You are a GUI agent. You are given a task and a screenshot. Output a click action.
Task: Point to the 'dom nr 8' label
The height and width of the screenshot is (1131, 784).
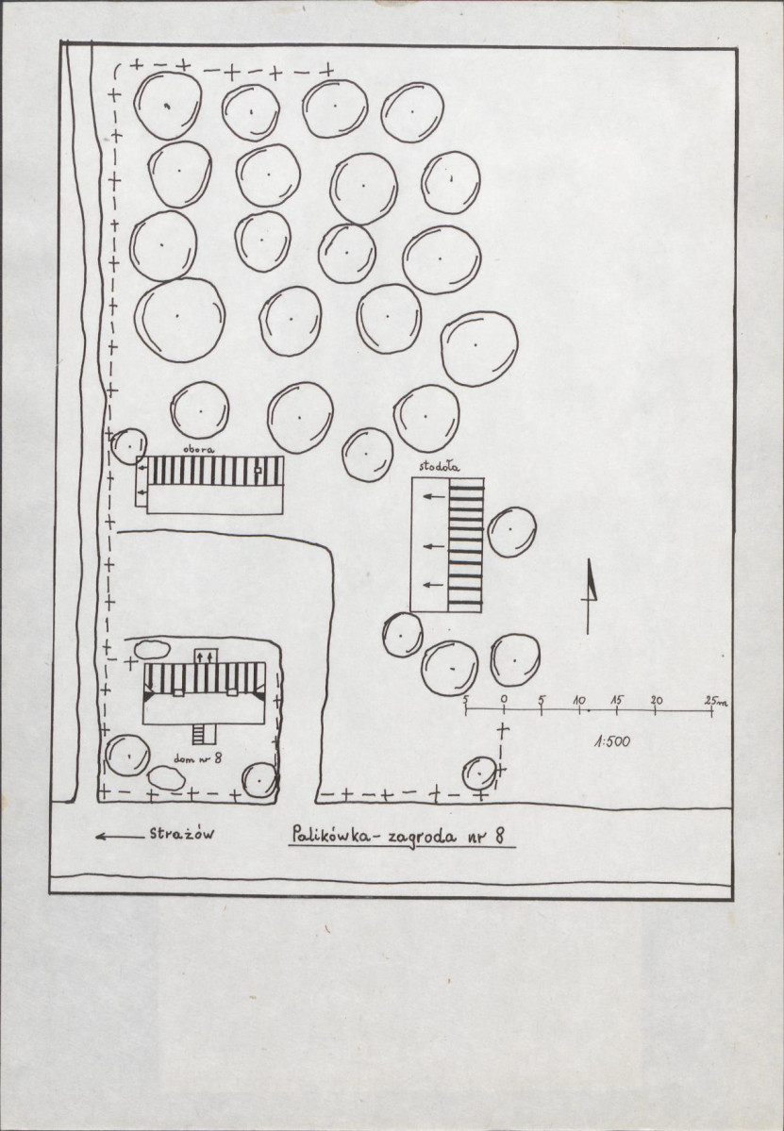point(197,757)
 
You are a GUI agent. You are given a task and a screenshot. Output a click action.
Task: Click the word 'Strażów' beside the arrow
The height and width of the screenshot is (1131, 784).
point(182,834)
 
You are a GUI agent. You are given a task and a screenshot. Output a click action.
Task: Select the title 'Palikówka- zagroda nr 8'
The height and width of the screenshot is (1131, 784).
point(399,837)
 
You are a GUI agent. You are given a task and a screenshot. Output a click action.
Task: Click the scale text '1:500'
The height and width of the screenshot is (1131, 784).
point(611,740)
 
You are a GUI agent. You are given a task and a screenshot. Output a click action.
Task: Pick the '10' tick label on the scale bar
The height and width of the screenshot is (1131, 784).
point(579,700)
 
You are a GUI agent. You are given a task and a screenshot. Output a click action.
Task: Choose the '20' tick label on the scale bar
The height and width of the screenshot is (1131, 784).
point(656,700)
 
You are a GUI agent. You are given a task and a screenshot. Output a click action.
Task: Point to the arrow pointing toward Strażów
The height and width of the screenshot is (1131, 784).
point(120,837)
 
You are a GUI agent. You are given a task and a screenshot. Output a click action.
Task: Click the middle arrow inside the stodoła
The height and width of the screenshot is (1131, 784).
point(433,547)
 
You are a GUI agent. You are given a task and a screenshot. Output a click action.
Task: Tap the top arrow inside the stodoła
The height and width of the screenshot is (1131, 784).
point(433,496)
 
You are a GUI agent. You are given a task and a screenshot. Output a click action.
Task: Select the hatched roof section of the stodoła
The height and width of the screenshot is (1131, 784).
point(465,545)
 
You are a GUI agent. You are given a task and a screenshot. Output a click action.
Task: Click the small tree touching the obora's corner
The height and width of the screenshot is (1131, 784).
point(129,446)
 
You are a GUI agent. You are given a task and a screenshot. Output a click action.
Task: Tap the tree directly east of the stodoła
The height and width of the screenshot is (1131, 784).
point(511,532)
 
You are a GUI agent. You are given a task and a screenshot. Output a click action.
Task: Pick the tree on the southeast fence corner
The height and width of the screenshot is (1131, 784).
point(479,773)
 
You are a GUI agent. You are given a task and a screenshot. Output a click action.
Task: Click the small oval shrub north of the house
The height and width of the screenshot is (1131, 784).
point(152,649)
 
